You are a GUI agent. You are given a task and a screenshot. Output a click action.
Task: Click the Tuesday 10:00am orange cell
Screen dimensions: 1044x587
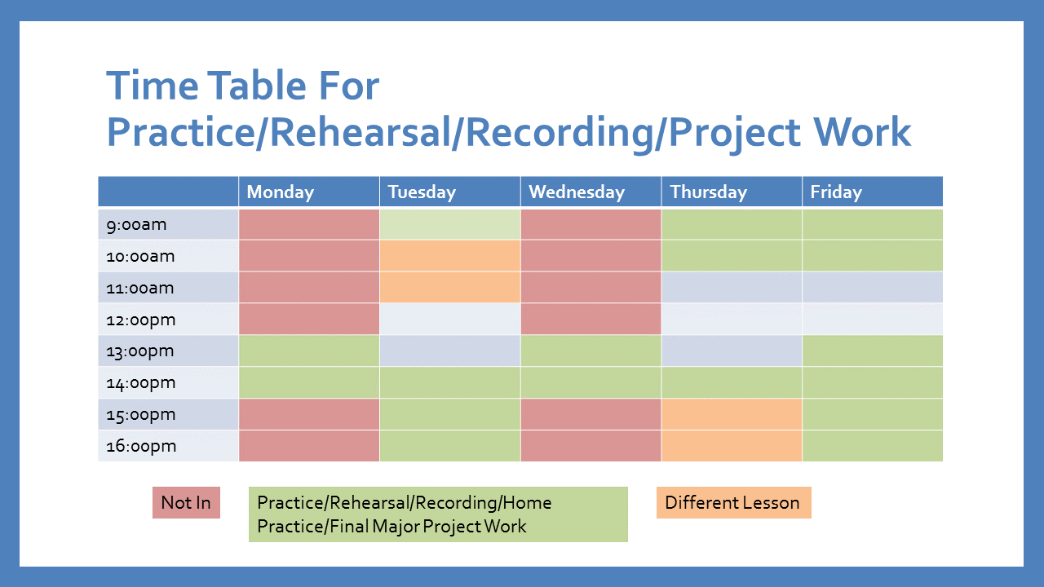(x=449, y=256)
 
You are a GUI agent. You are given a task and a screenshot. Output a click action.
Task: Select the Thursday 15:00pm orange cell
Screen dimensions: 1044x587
(x=732, y=414)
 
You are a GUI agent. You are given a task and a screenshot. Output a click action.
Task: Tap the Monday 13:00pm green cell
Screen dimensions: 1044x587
(x=308, y=351)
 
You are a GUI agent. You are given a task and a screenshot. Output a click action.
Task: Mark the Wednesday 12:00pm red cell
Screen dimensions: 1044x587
(x=591, y=319)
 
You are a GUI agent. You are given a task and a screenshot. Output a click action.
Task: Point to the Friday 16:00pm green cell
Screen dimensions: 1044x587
(x=873, y=446)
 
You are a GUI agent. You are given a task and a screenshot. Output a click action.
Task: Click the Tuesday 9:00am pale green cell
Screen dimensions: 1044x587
(x=449, y=224)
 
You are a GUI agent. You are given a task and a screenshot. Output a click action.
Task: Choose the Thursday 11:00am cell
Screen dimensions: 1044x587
(x=732, y=288)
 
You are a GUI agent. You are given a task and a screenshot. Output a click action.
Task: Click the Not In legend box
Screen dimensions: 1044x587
(x=186, y=503)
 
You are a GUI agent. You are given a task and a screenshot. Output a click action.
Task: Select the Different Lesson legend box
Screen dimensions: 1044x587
(x=733, y=503)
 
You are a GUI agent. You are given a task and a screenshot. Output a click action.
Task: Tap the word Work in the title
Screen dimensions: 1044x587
(x=862, y=132)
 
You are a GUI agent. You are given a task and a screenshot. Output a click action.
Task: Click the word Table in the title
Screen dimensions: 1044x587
(x=256, y=86)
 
